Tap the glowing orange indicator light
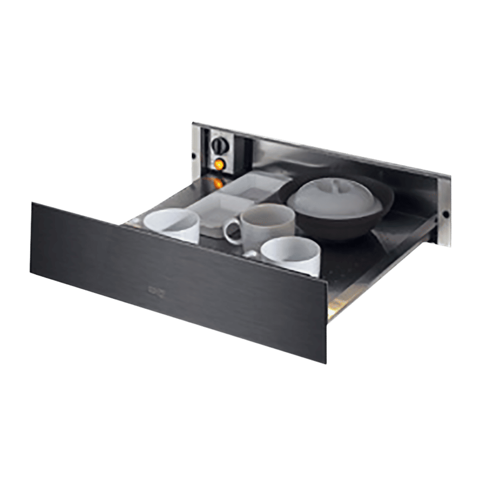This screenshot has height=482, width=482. (x=219, y=164)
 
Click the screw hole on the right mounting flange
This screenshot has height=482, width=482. (x=445, y=213)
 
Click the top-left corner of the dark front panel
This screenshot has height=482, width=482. (x=33, y=203)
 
